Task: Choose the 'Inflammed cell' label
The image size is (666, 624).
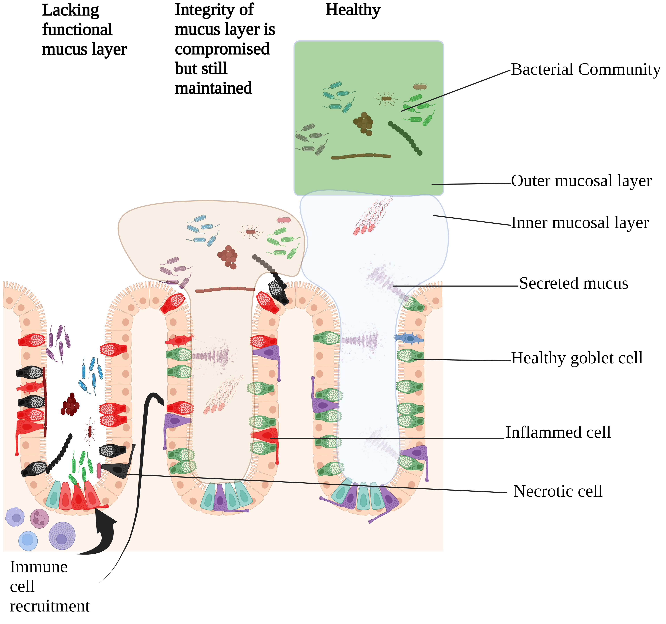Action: [558, 432]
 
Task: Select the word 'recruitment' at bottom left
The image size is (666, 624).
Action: [50, 606]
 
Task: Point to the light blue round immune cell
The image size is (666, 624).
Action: [28, 541]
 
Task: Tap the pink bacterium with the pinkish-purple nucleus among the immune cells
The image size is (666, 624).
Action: [39, 518]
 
